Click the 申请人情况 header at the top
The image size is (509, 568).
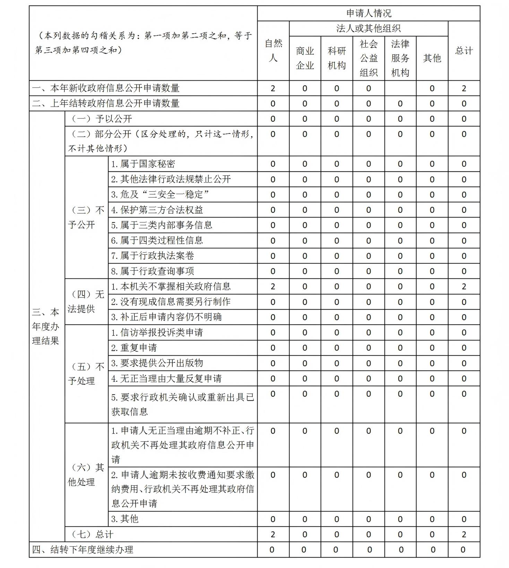(369, 13)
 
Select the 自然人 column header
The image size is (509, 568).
(273, 51)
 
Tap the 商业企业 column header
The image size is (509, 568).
(305, 58)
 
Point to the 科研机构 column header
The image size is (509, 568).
(336, 58)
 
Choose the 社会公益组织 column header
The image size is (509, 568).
(368, 58)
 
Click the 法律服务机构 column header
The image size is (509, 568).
(400, 58)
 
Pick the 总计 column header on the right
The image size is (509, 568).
(464, 51)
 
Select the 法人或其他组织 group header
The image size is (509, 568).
(368, 28)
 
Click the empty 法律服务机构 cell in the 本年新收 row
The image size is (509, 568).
(400, 88)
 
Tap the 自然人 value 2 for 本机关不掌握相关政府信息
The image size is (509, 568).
(273, 286)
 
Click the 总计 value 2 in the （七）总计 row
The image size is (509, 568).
(464, 534)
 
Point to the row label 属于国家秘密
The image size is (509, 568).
(143, 164)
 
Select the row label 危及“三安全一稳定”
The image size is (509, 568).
(160, 195)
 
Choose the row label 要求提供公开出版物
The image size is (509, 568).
(157, 363)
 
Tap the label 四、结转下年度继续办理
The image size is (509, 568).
(83, 550)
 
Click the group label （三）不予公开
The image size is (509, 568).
(86, 218)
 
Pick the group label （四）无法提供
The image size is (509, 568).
(86, 302)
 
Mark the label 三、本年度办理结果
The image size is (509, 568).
(46, 327)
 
